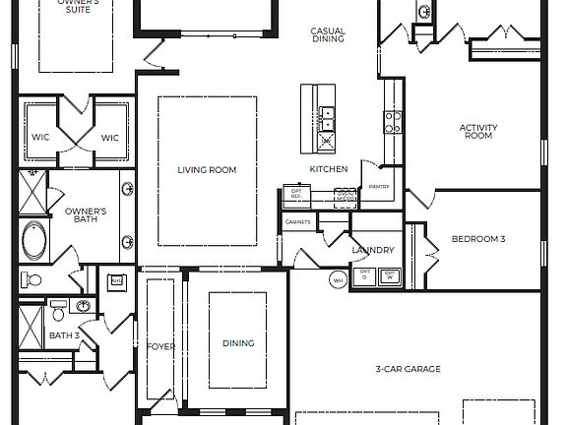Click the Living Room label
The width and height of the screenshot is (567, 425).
coord(207,170)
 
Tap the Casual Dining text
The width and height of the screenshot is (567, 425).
coord(327,35)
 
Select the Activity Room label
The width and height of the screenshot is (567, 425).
coord(477,132)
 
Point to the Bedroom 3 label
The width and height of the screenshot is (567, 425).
coord(478,239)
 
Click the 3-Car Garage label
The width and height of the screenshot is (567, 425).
coord(407,369)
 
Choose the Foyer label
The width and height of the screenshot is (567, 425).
coord(160,346)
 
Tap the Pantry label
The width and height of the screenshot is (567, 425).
coord(379,186)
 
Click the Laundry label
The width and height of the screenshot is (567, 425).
coord(373,250)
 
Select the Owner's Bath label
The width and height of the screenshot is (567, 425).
coord(86,215)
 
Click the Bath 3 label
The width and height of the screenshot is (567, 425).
coord(64,335)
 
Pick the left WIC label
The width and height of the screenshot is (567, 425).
coord(40,138)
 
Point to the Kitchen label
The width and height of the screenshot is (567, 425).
coord(329,169)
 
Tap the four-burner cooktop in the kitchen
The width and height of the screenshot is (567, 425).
coord(393,121)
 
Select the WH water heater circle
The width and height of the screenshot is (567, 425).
coord(338,280)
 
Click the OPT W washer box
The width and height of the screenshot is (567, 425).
coord(390,275)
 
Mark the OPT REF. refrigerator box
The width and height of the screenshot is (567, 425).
coord(295,195)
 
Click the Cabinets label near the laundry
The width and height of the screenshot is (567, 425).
coord(298,222)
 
